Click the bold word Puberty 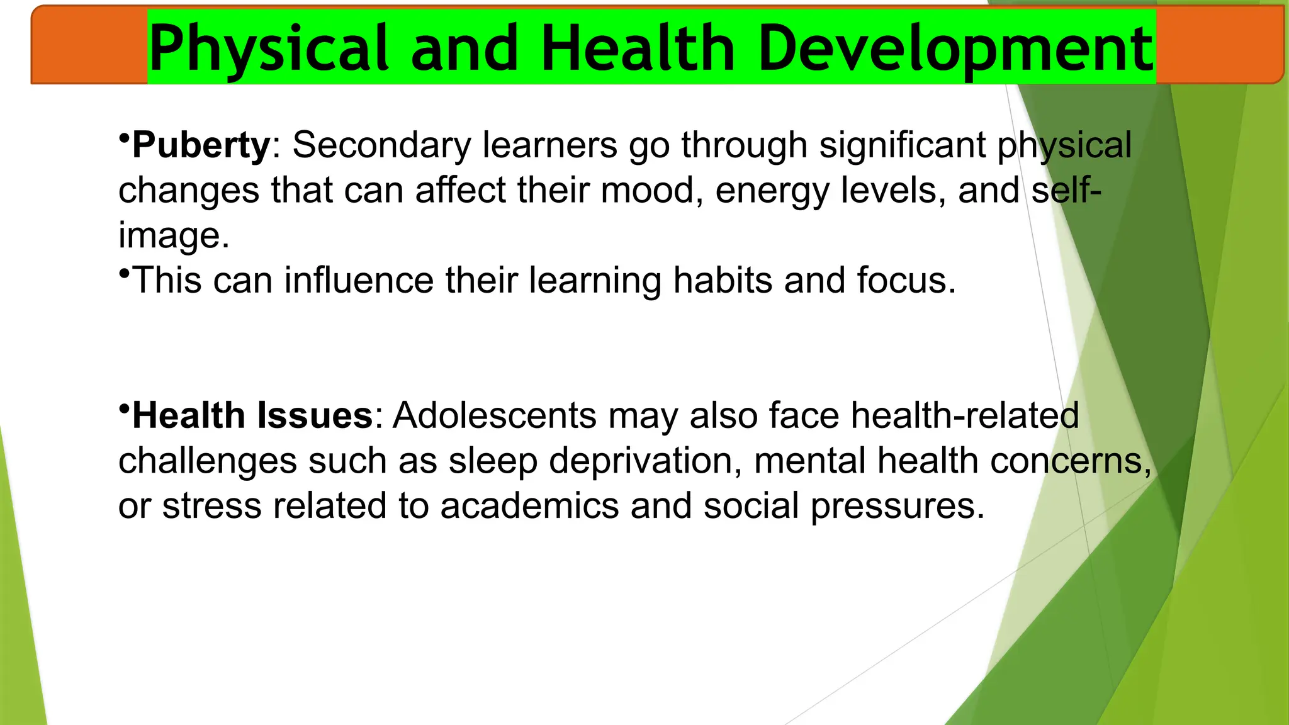click(201, 145)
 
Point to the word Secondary click(381, 145)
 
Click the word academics click(529, 506)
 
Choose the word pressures click(897, 507)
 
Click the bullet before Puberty click(124, 137)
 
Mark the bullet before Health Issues click(124, 407)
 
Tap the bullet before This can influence click(124, 272)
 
